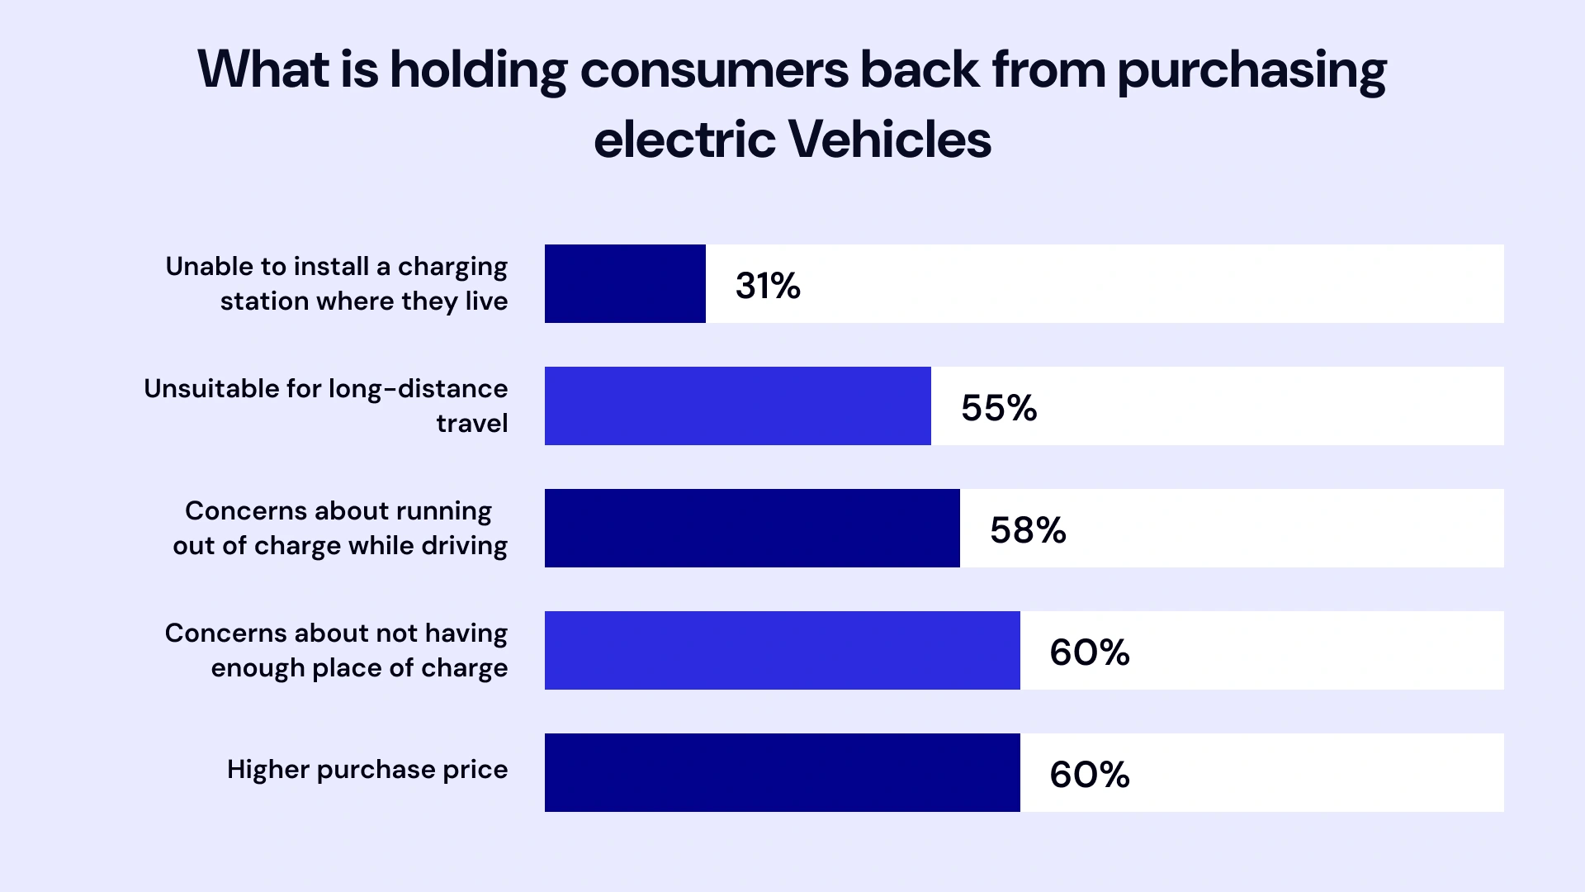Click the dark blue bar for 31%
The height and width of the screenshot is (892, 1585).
point(625,283)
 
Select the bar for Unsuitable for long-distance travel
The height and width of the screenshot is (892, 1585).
point(737,406)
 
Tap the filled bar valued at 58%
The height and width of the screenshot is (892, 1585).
point(752,528)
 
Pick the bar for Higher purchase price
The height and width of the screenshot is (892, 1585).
point(782,772)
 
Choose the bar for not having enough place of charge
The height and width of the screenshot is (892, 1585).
point(782,650)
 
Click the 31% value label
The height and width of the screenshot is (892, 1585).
point(768,286)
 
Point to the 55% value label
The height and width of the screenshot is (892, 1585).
point(999,408)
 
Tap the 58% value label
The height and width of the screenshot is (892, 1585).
point(1028,530)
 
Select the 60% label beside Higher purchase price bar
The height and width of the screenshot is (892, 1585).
point(1089,775)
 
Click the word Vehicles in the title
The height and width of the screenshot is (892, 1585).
point(889,140)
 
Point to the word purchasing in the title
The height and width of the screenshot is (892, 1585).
point(1251,71)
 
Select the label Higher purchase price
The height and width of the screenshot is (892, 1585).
point(367,770)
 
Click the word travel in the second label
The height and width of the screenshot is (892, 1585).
point(471,424)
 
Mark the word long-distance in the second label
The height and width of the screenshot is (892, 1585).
point(418,389)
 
